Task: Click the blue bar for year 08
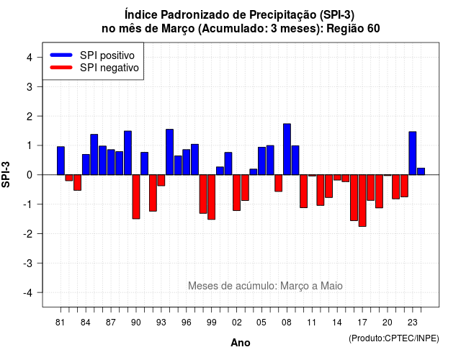287,149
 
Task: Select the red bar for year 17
362,200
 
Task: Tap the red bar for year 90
136,197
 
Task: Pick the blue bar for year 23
413,153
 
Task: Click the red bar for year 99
211,197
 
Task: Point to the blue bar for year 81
61,161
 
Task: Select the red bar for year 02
236,192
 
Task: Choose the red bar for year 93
161,180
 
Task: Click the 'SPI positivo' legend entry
92,55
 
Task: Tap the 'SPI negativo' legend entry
94,68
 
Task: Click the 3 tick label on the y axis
30,86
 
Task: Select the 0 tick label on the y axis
30,175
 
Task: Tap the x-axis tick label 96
186,323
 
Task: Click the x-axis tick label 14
337,323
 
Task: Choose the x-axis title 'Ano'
241,343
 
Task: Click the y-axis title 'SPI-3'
6,174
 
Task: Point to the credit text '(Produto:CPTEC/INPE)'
394,338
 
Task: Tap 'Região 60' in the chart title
353,28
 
